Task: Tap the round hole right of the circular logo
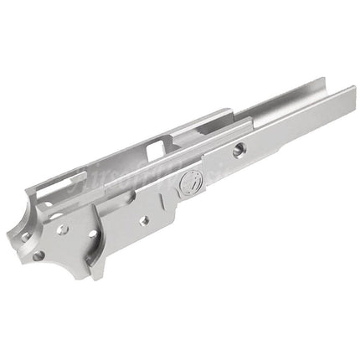tap(239, 150)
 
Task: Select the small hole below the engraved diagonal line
tap(144, 220)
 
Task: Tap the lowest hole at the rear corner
tap(39, 255)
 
